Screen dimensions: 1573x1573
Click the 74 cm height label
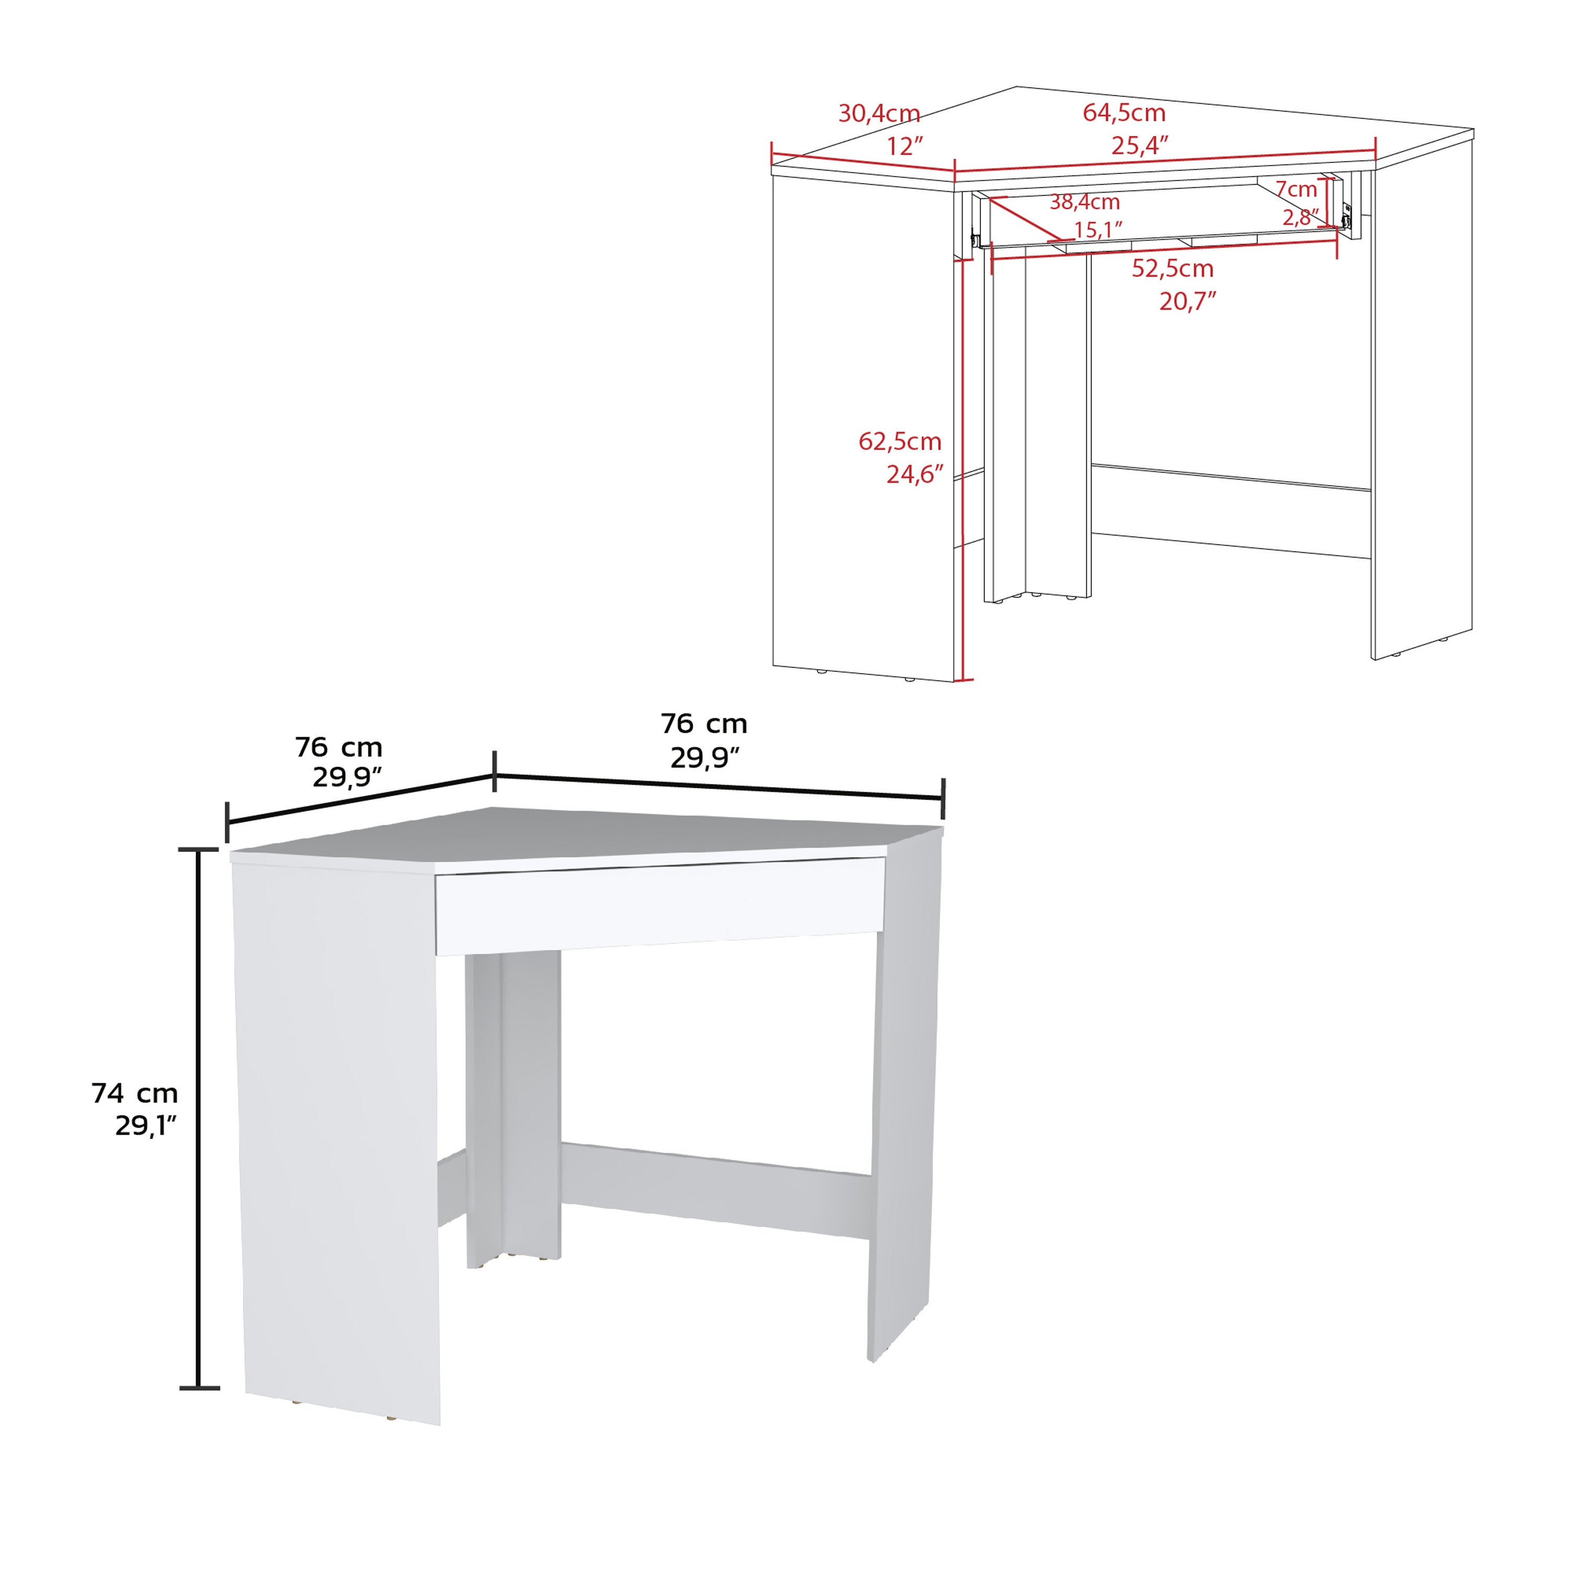pos(134,1093)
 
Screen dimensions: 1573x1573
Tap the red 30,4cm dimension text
pos(879,113)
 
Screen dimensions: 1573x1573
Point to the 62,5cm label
pos(900,441)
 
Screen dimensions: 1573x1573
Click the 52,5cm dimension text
pos(1172,268)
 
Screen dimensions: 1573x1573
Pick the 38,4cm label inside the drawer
pos(1084,202)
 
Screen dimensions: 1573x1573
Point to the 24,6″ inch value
pos(915,474)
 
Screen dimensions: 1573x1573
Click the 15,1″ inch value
pos(1098,230)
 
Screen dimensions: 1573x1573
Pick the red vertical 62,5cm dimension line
pos(964,470)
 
